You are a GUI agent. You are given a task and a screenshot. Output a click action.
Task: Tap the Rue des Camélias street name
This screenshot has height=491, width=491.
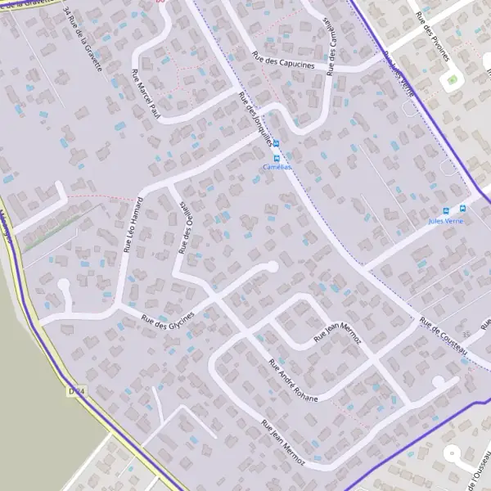coord(331,46)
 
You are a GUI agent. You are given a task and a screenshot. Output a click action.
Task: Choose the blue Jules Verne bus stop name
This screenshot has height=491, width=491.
coord(445,221)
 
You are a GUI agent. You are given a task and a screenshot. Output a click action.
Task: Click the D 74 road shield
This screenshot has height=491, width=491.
coord(77,392)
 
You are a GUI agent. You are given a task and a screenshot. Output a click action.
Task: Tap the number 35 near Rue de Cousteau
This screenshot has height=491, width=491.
coord(466,336)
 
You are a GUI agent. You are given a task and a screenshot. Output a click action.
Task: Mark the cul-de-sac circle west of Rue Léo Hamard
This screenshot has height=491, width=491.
coord(63,286)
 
